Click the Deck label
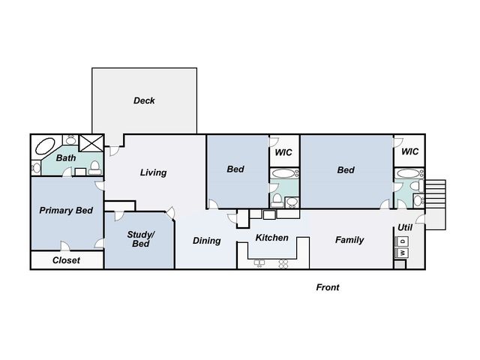(x=144, y=100)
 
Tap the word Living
(x=153, y=172)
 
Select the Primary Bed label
(x=66, y=211)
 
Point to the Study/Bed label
(x=141, y=239)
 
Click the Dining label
(x=207, y=241)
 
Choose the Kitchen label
(x=271, y=238)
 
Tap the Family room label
(x=349, y=240)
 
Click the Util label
(x=405, y=227)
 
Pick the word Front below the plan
(x=328, y=287)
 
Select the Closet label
(x=66, y=260)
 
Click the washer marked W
(x=402, y=253)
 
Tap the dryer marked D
(x=402, y=241)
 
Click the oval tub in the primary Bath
(x=45, y=147)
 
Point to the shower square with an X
(x=91, y=143)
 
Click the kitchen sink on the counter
(x=259, y=263)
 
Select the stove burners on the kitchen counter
(x=283, y=264)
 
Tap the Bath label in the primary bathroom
(x=66, y=158)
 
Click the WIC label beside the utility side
(x=410, y=151)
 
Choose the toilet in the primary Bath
(x=95, y=167)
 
